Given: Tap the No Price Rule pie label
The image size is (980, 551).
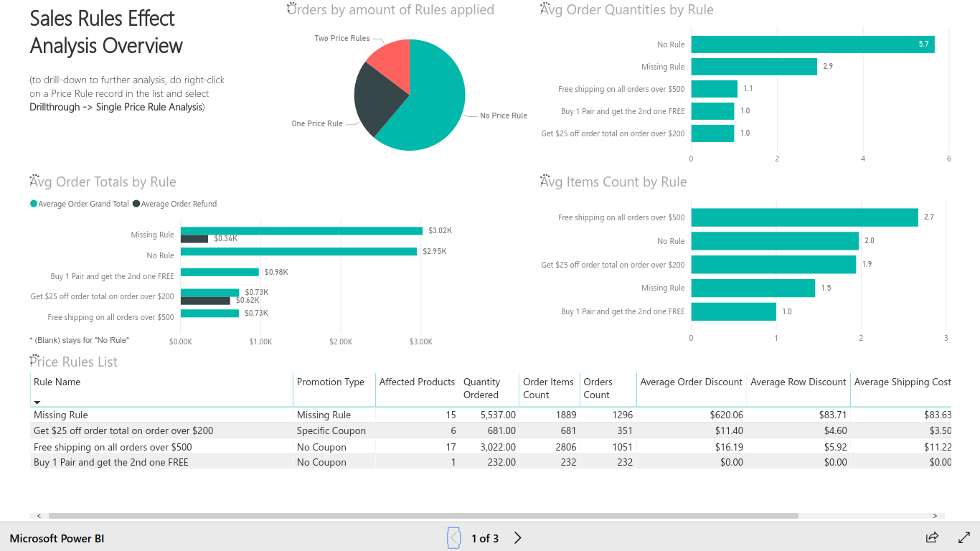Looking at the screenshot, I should coord(503,116).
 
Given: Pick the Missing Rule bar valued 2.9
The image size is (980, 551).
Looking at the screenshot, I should coord(753,67).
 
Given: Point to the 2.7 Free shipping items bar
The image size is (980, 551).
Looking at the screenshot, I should coord(804,217).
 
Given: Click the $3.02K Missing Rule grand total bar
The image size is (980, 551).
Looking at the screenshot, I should coord(301,231).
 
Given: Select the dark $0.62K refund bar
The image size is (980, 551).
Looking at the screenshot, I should coord(205,301).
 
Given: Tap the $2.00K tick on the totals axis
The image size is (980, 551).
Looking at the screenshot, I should coord(340,342).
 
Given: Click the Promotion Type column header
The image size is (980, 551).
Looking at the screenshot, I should coord(331,382).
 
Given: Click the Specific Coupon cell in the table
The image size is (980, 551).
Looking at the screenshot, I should coord(331,430).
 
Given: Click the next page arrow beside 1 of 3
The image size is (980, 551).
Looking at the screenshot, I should coord(518,538).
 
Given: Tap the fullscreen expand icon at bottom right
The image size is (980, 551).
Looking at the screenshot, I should coord(964,537).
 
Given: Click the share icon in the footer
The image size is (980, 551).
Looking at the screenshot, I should coord(932,537).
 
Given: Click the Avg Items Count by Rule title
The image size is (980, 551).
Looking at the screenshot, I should coord(613,182).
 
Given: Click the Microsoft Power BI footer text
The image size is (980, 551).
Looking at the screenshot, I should coord(57,538).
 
